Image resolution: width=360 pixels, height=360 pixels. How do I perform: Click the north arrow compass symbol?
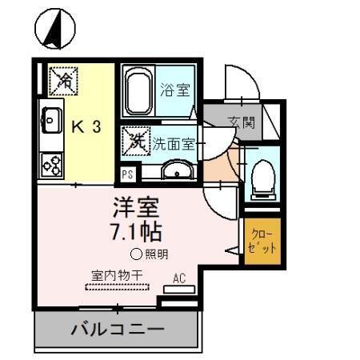(x=55, y=29)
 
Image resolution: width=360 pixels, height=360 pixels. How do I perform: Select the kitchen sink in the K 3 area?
(x=53, y=122)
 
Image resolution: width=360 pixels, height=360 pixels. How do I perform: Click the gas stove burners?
(x=53, y=164)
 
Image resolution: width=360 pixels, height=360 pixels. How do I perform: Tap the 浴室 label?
(x=175, y=90)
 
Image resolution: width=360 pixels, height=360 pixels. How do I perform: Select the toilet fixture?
(x=262, y=178)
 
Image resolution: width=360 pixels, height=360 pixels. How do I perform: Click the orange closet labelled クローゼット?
(x=262, y=241)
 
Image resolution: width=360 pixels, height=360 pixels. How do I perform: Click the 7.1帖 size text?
(x=137, y=233)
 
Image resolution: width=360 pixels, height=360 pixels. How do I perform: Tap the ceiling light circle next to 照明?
(x=136, y=255)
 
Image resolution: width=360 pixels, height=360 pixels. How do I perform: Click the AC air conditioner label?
(x=180, y=279)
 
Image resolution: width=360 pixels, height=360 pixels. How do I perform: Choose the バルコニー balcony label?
(x=117, y=330)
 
